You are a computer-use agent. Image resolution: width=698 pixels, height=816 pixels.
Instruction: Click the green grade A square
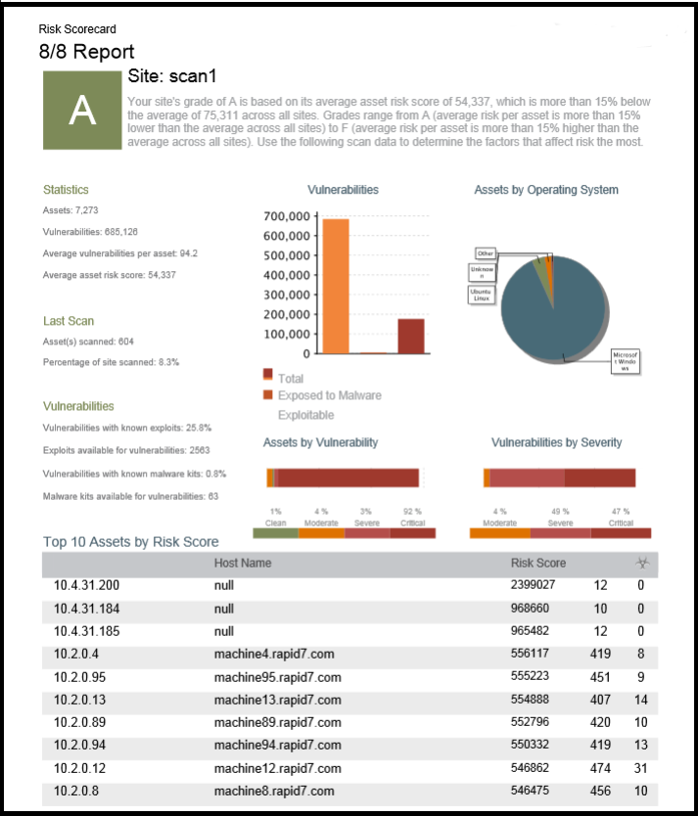[x=82, y=111]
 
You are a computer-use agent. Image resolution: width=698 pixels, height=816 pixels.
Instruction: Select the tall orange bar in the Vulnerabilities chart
[x=336, y=286]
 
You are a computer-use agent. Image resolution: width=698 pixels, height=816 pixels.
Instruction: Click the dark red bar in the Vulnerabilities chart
[x=410, y=336]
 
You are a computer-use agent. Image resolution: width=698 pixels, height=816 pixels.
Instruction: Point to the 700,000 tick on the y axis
[x=288, y=216]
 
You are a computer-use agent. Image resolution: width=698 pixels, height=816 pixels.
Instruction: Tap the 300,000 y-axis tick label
[x=288, y=295]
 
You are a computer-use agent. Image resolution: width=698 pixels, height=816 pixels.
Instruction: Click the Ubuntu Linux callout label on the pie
[x=482, y=294]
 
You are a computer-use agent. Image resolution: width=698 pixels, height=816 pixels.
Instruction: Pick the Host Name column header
[x=243, y=563]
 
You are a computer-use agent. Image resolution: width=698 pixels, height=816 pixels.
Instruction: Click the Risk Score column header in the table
[x=537, y=563]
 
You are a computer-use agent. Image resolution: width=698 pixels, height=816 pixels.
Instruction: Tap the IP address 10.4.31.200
[x=87, y=585]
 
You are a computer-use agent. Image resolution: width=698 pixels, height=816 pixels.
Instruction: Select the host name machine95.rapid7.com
[x=277, y=677]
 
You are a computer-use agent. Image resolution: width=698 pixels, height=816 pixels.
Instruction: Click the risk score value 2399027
[x=534, y=585]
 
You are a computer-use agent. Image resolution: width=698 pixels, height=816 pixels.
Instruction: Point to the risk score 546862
[x=534, y=768]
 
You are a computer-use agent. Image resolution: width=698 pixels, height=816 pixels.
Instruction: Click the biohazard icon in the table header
[x=642, y=563]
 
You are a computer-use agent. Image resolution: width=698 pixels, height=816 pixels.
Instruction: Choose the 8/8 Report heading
[x=87, y=52]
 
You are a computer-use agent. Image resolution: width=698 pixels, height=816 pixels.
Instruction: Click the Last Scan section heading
[x=69, y=321]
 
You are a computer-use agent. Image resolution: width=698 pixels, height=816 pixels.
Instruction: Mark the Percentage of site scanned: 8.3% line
[x=111, y=362]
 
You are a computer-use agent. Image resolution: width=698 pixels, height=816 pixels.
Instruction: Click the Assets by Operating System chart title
[x=545, y=190]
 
